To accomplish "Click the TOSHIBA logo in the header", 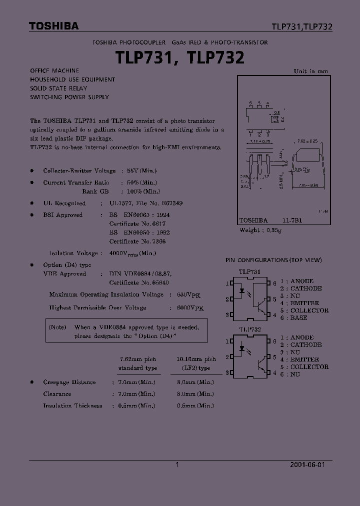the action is pyautogui.click(x=53, y=26).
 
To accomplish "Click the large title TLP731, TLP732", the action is pyautogui.click(x=180, y=58).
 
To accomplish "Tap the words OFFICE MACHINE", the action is pyautogui.click(x=54, y=70).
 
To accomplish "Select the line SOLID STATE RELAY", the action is pyautogui.click(x=58, y=88).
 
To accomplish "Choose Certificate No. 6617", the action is pyautogui.click(x=137, y=223).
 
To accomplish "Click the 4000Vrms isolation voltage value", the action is pyautogui.click(x=132, y=253).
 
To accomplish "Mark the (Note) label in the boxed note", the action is pyautogui.click(x=58, y=327).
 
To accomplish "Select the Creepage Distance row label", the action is pyautogui.click(x=69, y=382).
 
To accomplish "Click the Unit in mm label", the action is pyautogui.click(x=311, y=71).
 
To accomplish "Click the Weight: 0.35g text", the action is pyautogui.click(x=260, y=229).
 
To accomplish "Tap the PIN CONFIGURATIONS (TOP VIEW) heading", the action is pyautogui.click(x=273, y=260).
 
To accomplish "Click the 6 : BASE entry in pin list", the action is pyautogui.click(x=293, y=317).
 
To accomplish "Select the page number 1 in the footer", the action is pyautogui.click(x=177, y=464).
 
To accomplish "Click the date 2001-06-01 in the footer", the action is pyautogui.click(x=307, y=464).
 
